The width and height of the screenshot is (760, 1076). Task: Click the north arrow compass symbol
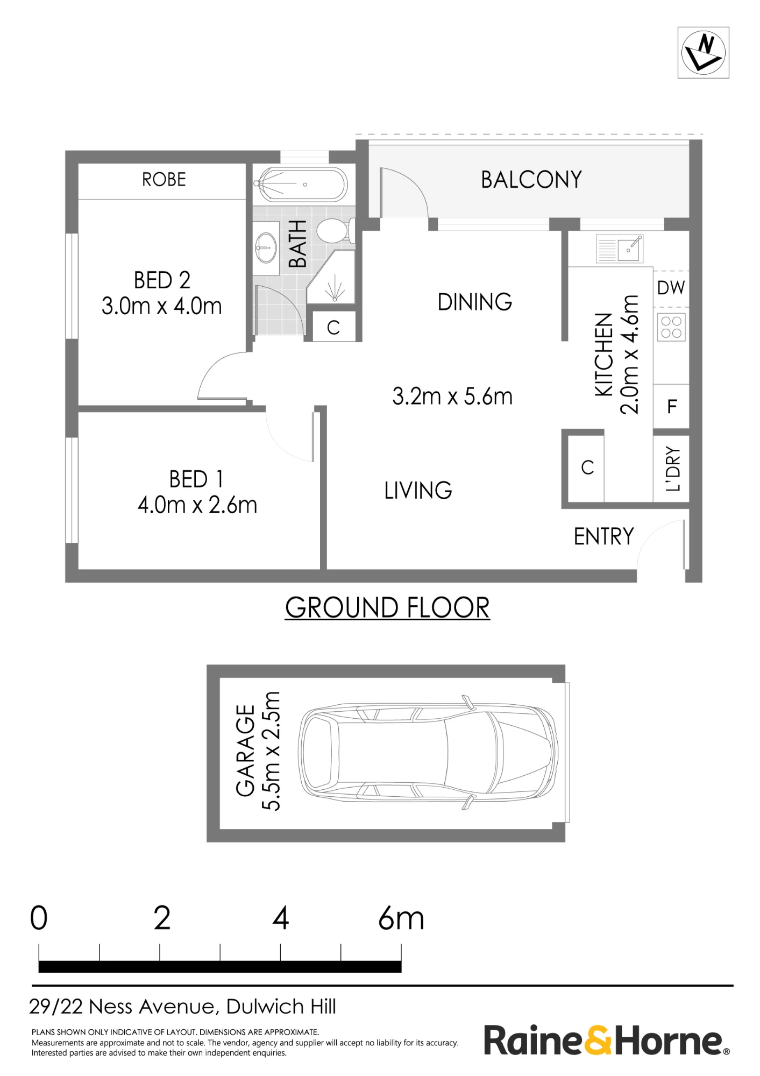tap(703, 53)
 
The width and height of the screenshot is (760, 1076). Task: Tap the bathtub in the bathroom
tap(301, 185)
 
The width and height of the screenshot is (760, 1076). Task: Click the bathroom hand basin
tap(265, 247)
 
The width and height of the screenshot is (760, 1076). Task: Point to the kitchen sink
tap(620, 249)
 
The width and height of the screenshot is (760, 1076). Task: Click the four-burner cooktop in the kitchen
tap(671, 327)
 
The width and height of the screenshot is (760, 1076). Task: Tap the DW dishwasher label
tap(671, 288)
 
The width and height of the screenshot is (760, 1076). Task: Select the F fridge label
tap(672, 406)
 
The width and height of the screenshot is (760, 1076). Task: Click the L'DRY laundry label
tap(673, 469)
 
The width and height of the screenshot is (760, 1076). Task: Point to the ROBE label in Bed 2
tap(164, 179)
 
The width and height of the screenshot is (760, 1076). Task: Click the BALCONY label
tap(531, 180)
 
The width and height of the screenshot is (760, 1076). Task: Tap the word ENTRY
tap(604, 536)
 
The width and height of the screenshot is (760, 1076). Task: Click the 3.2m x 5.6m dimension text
tap(452, 397)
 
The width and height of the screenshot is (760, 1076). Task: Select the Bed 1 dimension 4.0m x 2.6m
tap(197, 505)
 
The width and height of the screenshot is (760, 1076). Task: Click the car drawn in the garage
tap(428, 752)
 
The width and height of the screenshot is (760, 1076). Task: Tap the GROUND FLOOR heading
tap(387, 608)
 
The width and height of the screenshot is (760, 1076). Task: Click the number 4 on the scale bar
tap(281, 918)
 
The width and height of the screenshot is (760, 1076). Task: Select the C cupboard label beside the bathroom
tap(333, 327)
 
